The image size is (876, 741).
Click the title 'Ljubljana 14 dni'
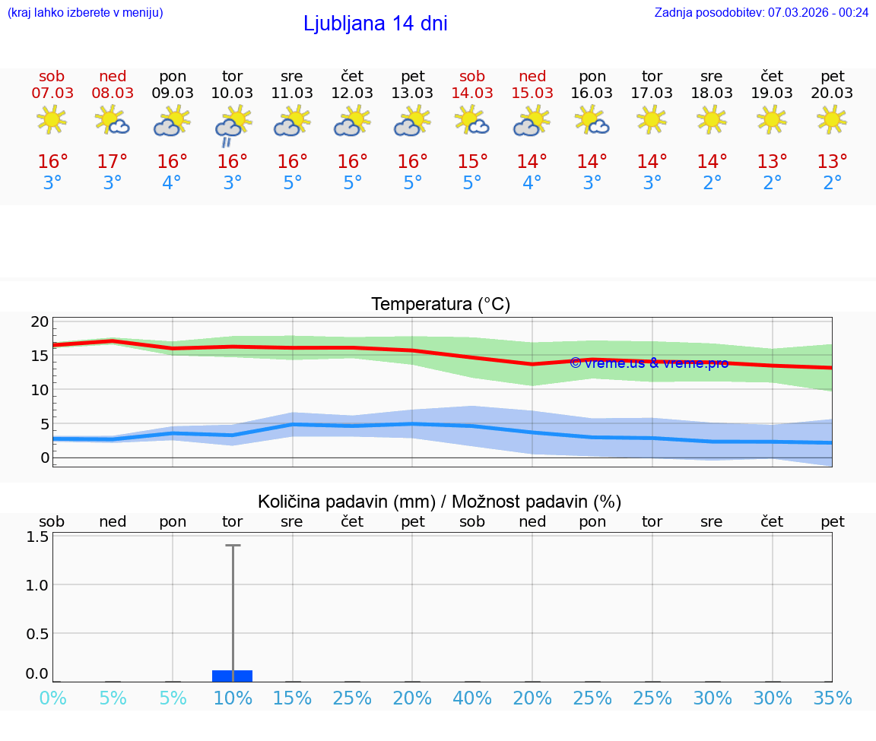pyautogui.click(x=375, y=24)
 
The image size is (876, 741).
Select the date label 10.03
pyautogui.click(x=232, y=93)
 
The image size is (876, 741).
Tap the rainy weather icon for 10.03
pyautogui.click(x=232, y=125)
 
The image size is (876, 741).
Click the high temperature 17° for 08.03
pyautogui.click(x=113, y=162)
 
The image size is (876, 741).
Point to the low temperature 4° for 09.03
pyautogui.click(x=172, y=183)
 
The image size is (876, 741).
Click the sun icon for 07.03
pyautogui.click(x=52, y=119)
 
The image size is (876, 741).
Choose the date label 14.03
pyautogui.click(x=472, y=93)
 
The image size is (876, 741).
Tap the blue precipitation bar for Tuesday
pyautogui.click(x=232, y=676)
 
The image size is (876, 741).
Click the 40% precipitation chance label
pyautogui.click(x=472, y=698)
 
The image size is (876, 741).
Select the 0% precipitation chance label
pyautogui.click(x=52, y=698)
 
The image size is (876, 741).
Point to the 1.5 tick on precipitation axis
pyautogui.click(x=37, y=537)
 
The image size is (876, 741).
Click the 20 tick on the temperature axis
pyautogui.click(x=40, y=321)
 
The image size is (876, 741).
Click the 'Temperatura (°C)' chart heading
pyautogui.click(x=440, y=305)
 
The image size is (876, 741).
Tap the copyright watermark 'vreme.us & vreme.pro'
pyautogui.click(x=649, y=363)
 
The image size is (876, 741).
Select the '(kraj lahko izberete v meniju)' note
pyautogui.click(x=85, y=12)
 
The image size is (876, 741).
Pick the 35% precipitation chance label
pyautogui.click(x=833, y=698)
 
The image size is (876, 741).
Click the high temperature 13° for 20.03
pyautogui.click(x=833, y=162)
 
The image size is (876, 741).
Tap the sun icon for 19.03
pyautogui.click(x=773, y=119)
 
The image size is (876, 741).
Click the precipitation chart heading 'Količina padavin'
pyautogui.click(x=440, y=502)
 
